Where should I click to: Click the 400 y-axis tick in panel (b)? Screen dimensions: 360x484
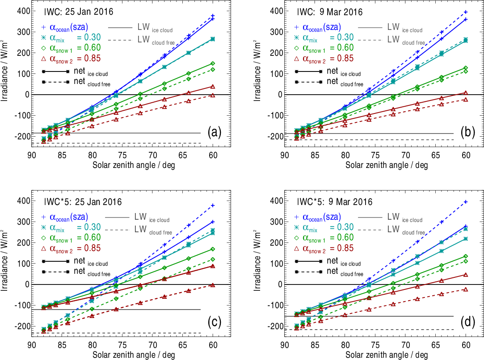(x=273, y=11)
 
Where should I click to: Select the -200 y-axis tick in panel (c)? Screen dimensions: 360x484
(x=20, y=327)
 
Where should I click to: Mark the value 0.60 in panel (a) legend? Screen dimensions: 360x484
(x=89, y=48)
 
